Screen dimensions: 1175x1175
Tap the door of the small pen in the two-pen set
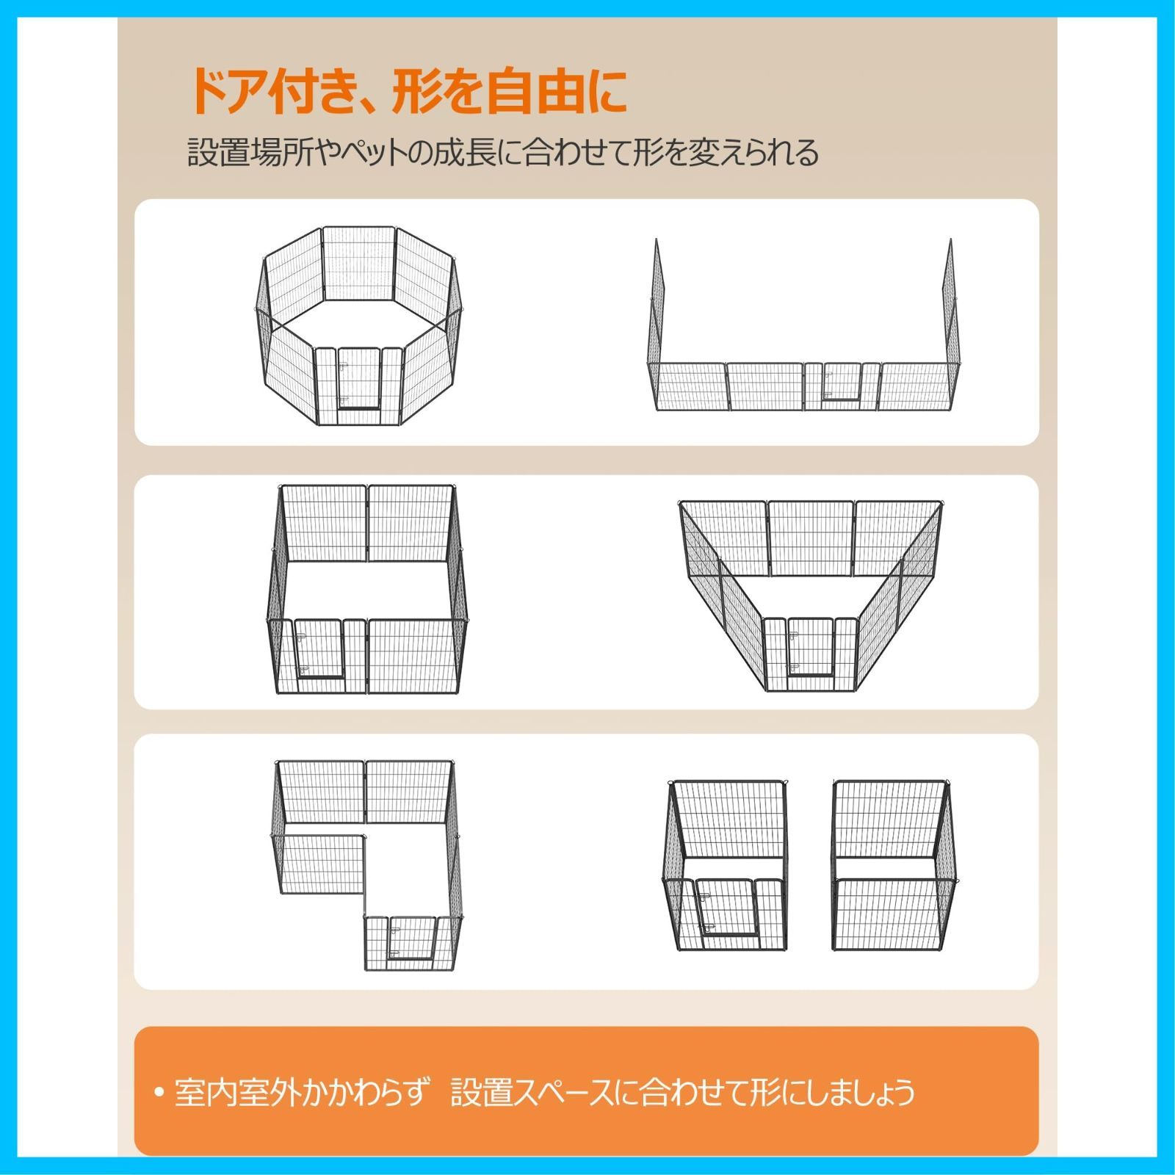[725, 907]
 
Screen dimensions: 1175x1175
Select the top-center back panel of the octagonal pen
[359, 263]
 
